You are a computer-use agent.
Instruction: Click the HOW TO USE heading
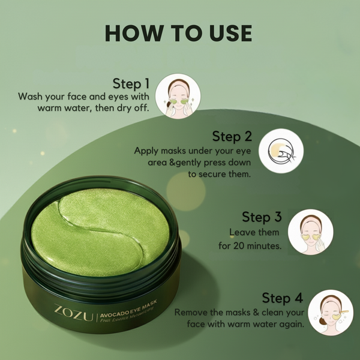179,33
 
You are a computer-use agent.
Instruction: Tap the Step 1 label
131,83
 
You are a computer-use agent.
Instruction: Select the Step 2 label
230,137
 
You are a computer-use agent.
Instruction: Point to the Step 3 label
262,216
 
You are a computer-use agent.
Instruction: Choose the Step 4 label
281,298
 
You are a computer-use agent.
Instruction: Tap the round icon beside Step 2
281,151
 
